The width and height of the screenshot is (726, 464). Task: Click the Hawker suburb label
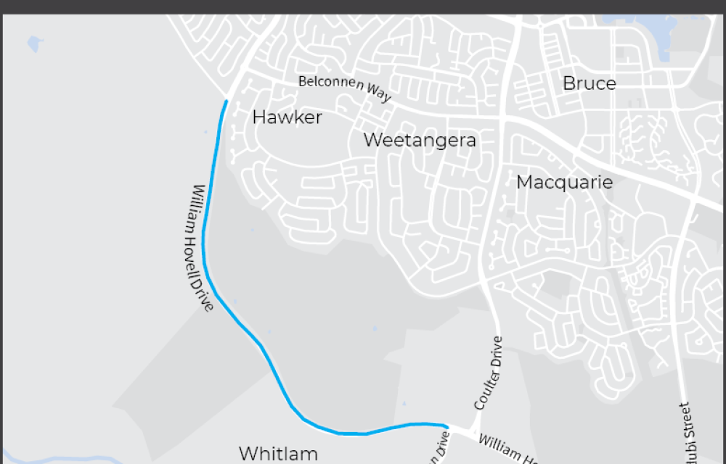pyautogui.click(x=287, y=117)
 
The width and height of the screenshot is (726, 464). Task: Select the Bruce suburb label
pyautogui.click(x=589, y=83)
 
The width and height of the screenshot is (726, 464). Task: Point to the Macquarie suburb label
pyautogui.click(x=564, y=182)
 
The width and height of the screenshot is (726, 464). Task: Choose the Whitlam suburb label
pyautogui.click(x=278, y=454)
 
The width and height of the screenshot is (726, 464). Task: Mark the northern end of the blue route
pyautogui.click(x=227, y=101)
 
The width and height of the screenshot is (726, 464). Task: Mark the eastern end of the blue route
pyautogui.click(x=446, y=426)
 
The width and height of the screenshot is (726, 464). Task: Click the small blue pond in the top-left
pyautogui.click(x=34, y=44)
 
